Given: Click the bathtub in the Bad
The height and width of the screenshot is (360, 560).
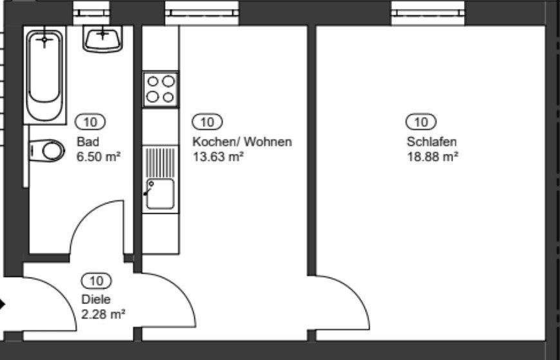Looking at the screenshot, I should point(45,74).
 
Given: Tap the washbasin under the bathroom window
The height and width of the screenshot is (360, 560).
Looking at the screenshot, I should point(102,39).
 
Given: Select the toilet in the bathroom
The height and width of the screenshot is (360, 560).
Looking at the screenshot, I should point(48,151).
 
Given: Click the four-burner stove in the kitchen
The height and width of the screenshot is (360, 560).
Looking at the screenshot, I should point(160,89).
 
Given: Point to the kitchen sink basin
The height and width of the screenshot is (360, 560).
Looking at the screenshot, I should point(160,194).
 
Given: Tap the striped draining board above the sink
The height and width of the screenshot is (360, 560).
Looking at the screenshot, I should point(160,162).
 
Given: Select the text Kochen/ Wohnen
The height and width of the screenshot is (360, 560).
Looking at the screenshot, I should point(242,142).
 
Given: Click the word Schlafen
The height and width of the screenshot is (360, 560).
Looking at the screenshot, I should point(431,142).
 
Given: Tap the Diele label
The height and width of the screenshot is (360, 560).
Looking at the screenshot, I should point(96,299).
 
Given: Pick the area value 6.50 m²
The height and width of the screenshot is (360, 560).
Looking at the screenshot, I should point(99,156).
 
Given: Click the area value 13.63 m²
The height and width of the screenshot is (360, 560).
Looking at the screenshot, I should point(218,156).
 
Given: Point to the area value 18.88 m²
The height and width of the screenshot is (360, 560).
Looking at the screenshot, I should point(432,156).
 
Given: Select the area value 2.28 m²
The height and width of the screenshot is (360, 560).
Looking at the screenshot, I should point(103,314).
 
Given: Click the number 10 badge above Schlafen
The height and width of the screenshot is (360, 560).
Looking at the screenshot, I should point(420,121).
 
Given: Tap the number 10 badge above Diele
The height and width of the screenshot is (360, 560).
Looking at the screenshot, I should point(97,280).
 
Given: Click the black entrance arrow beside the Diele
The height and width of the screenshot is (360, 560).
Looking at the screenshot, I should point(3,304).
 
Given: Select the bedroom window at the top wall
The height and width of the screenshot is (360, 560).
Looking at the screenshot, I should point(428,11).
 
